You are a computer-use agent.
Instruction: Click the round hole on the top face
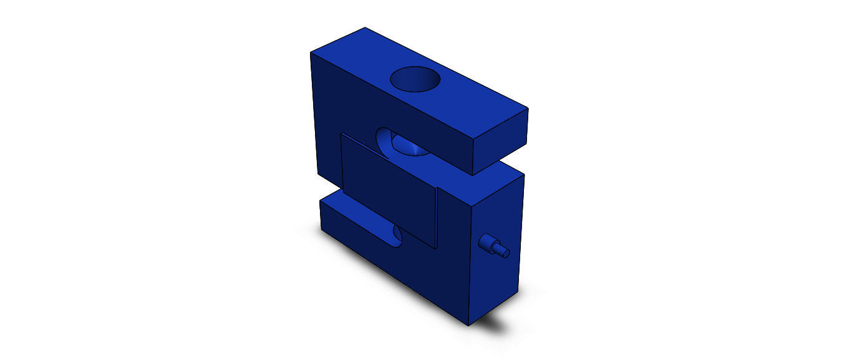[415, 80]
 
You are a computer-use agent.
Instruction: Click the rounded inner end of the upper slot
[387, 140]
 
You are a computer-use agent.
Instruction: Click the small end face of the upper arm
[501, 142]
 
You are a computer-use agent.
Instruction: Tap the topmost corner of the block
[365, 28]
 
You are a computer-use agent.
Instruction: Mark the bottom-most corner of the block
[468, 325]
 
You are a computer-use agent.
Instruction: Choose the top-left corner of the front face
[311, 53]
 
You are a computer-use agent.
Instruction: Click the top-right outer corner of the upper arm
[528, 108]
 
